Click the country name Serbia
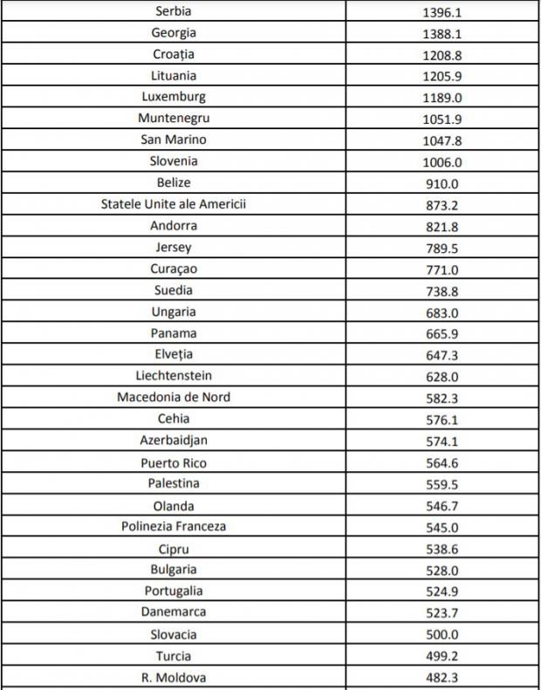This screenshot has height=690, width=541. click(173, 11)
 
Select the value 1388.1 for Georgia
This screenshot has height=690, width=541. click(442, 33)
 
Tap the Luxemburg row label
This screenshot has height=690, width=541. click(173, 97)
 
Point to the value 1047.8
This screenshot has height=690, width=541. click(442, 140)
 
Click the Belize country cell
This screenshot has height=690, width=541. click(174, 182)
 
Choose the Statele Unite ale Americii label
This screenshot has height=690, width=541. click(174, 204)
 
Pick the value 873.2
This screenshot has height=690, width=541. click(442, 205)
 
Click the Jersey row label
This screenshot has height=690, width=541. click(174, 247)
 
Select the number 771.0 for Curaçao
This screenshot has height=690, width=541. click(442, 270)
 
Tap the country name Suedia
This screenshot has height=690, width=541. click(174, 290)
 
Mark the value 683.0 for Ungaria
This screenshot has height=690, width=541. click(442, 312)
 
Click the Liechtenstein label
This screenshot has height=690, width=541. click(174, 376)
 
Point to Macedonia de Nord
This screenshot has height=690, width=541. click(174, 397)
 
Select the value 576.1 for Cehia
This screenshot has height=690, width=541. click(442, 420)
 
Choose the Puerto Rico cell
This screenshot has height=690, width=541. click(174, 463)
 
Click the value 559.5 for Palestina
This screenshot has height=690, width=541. click(442, 484)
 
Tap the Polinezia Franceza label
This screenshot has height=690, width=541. click(174, 527)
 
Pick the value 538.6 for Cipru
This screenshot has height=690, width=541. click(442, 550)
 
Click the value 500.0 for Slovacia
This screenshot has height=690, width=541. click(442, 635)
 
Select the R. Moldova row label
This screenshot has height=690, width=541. click(174, 677)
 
